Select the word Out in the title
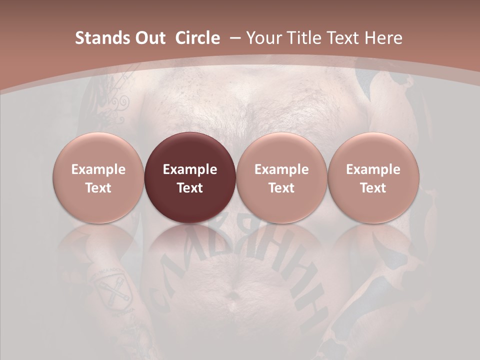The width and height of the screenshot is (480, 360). point(148,38)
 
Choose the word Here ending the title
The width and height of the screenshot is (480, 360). point(383,38)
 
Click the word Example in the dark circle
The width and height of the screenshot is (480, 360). point(190,169)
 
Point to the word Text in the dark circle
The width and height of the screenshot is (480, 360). point(190,188)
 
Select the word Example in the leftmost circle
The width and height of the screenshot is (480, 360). point(98,169)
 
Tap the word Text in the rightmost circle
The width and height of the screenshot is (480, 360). point(373,188)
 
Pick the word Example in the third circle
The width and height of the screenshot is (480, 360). point(281,169)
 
